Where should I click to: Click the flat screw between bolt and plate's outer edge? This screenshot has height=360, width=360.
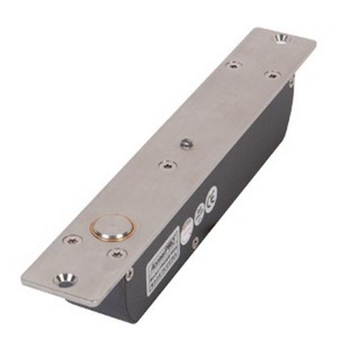(x=71, y=240)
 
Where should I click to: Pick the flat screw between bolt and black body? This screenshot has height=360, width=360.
(x=118, y=254)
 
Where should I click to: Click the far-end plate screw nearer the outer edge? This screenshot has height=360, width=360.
(x=232, y=64)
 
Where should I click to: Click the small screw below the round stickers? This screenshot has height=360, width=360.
(x=194, y=239)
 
